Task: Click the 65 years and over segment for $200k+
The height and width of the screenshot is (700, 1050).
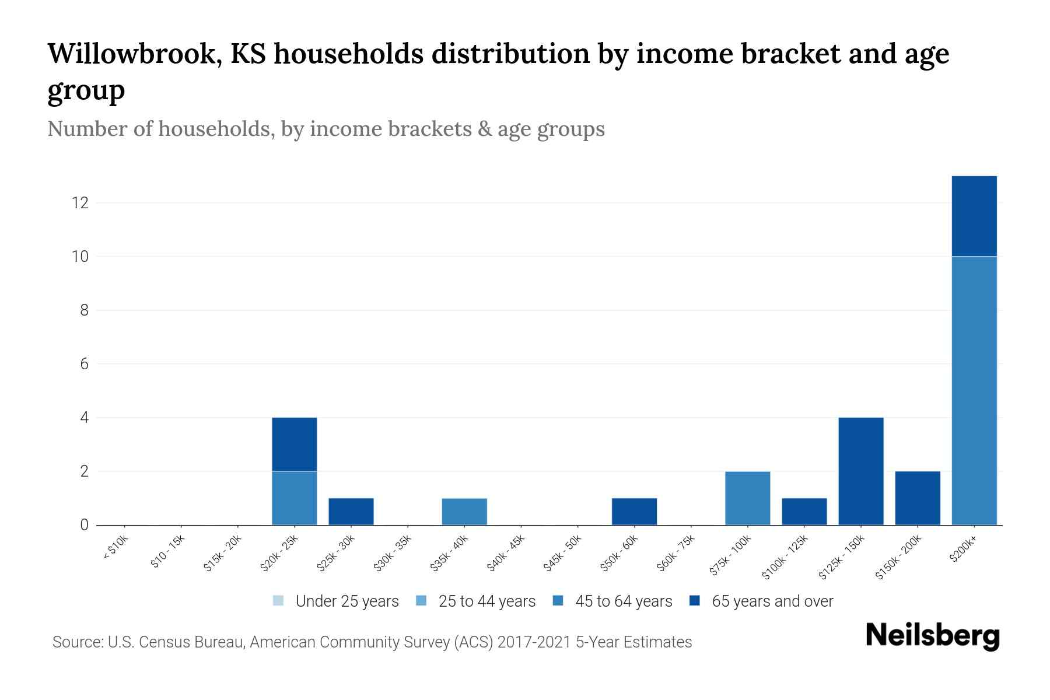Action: click(974, 216)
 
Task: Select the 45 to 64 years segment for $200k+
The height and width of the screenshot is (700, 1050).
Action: click(974, 390)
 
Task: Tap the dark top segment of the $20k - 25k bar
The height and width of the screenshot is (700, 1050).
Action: click(294, 444)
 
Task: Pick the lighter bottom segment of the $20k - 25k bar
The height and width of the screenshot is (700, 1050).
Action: click(294, 498)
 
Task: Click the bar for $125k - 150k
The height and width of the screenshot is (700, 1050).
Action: click(860, 471)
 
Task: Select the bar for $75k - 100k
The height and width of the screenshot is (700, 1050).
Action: click(747, 498)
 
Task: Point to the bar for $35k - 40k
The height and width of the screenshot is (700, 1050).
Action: click(464, 511)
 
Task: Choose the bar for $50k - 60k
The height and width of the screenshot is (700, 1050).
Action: click(634, 511)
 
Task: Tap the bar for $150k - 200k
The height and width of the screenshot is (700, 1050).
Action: click(917, 498)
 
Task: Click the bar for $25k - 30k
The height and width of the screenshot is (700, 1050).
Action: click(351, 511)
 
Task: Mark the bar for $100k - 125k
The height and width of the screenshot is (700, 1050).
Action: click(804, 511)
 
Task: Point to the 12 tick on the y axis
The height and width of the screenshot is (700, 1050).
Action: click(80, 203)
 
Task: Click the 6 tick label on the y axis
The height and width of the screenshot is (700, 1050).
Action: click(84, 364)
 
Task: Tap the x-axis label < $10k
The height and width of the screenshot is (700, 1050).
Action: click(116, 548)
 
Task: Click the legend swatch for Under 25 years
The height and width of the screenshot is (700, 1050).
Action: click(278, 600)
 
